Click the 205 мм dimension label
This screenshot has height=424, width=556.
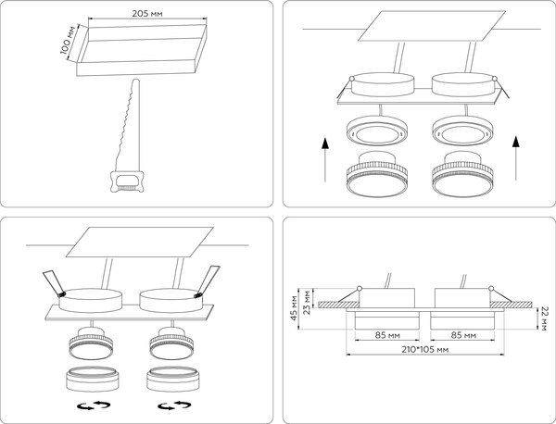(x=146, y=14)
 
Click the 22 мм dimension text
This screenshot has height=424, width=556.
(x=545, y=318)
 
